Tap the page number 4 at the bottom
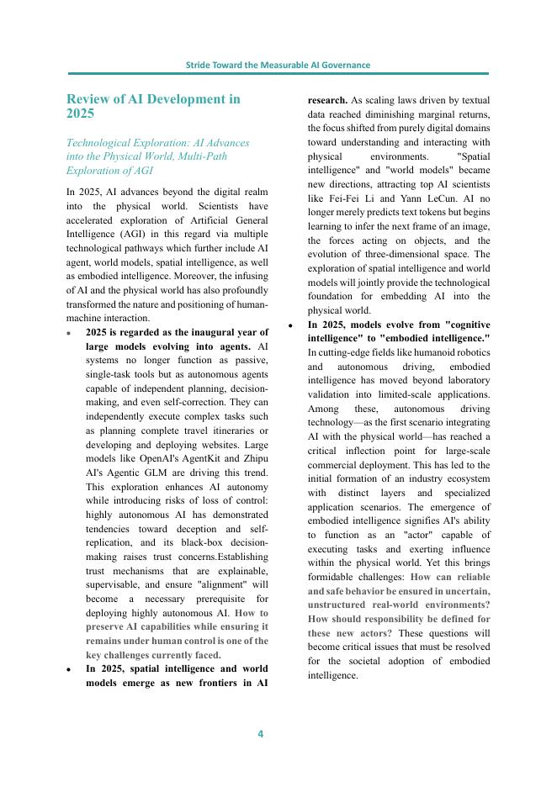tap(260, 734)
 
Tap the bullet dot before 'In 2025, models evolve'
tap(291, 325)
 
